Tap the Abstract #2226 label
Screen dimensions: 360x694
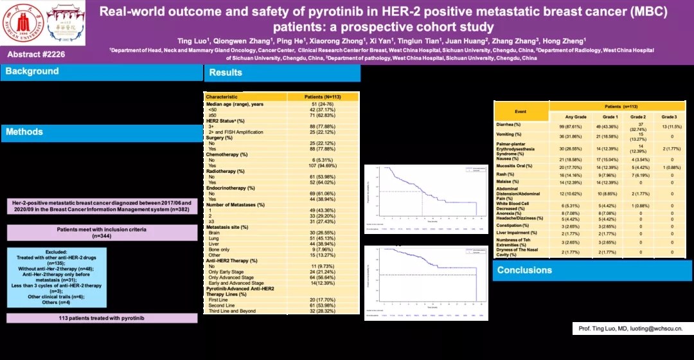(37, 54)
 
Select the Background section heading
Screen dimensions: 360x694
(32, 71)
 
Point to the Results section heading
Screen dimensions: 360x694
(226, 73)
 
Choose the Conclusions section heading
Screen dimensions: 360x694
(524, 270)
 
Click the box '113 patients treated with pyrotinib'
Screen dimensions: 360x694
(102, 318)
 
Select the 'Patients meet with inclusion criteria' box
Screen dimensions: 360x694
(102, 232)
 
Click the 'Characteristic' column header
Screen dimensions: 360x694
(222, 97)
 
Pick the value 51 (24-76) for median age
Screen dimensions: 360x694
(323, 104)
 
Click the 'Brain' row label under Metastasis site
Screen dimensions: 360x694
(215, 233)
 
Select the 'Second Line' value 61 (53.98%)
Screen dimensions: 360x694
(323, 305)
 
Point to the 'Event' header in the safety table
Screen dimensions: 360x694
(520, 111)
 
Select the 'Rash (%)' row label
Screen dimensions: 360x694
(506, 174)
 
